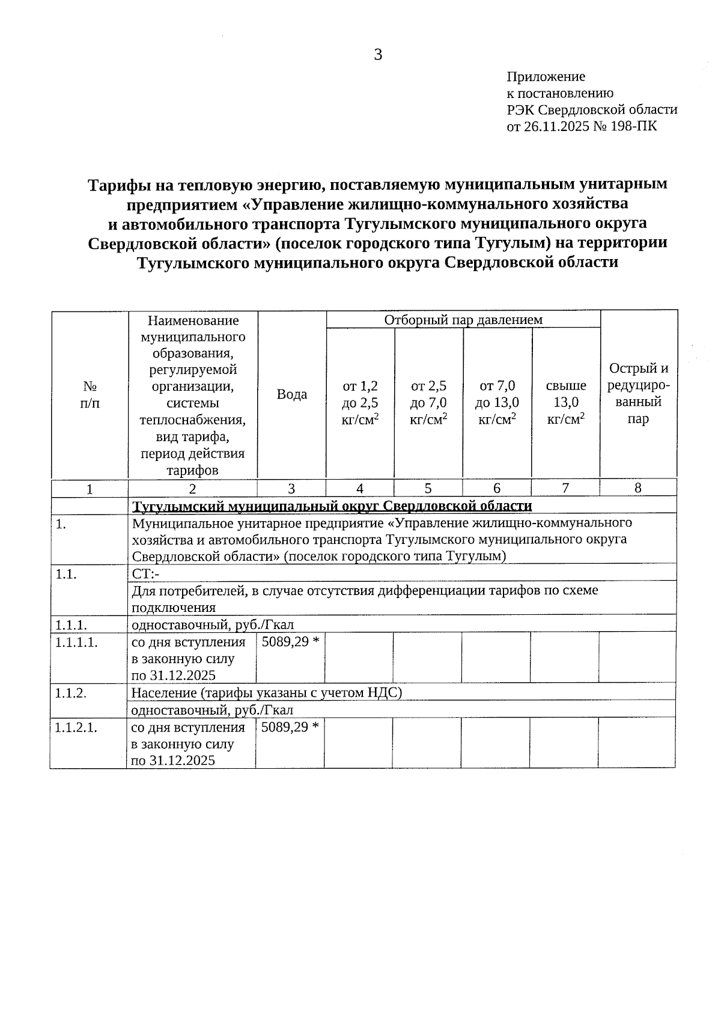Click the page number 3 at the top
point(377,55)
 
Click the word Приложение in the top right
point(546,77)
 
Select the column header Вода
point(291,394)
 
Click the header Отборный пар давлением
point(463,320)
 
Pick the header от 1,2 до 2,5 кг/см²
point(360,402)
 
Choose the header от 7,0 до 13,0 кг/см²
point(497,402)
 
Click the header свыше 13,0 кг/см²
point(565,402)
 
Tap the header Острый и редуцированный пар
point(638,394)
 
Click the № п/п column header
point(90,394)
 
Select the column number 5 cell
point(428,489)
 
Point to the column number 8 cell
point(638,489)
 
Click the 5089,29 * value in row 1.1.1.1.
point(290,642)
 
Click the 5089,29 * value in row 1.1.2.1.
point(290,727)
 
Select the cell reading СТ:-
point(145,574)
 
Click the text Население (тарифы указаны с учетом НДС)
point(266,693)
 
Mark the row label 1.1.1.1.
point(76,642)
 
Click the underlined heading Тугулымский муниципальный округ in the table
point(332,506)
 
